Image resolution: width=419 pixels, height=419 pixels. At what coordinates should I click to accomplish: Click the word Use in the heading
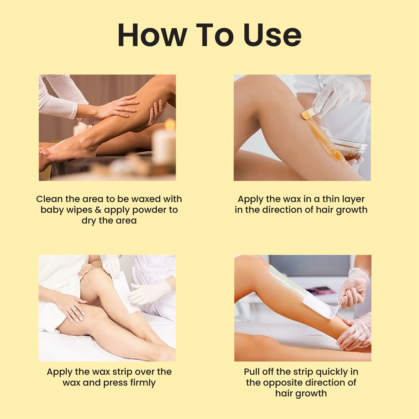pyautogui.click(x=272, y=35)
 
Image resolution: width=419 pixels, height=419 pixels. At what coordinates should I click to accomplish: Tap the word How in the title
pyautogui.click(x=152, y=35)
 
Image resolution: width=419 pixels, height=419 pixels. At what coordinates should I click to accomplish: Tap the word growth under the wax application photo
pyautogui.click(x=351, y=210)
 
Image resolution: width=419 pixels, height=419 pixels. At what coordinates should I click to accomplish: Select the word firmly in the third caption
pyautogui.click(x=143, y=383)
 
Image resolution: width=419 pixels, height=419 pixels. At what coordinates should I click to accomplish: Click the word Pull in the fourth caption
pyautogui.click(x=252, y=372)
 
